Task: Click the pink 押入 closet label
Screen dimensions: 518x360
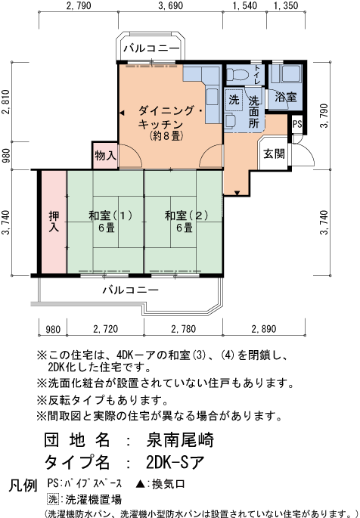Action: (54, 221)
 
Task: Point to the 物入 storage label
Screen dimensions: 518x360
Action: (105, 156)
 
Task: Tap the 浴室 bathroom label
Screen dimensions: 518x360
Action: (286, 98)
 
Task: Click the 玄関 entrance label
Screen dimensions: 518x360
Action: (274, 153)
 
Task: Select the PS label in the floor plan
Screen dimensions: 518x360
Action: (297, 124)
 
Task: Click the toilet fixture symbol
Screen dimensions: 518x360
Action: (241, 75)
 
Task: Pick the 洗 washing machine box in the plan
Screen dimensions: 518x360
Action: (234, 100)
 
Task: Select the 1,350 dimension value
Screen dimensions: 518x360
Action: (285, 7)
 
